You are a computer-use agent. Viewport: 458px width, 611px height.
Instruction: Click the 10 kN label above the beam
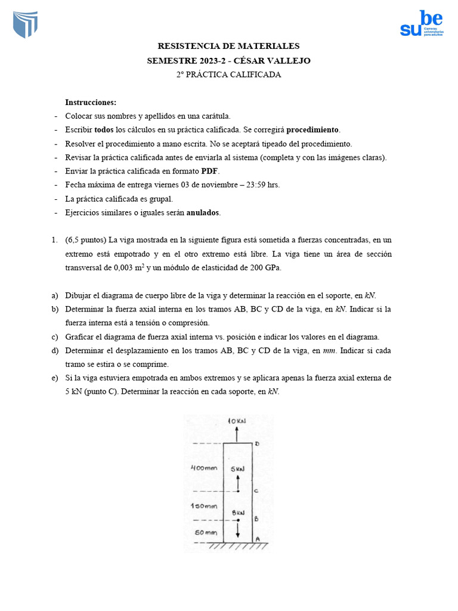click(237, 421)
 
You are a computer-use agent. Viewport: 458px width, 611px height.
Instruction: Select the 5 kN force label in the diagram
click(238, 469)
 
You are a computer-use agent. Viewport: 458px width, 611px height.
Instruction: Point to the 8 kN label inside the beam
click(238, 513)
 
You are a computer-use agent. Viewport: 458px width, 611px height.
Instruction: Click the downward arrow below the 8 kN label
click(238, 528)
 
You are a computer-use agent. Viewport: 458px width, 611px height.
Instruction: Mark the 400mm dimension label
click(203, 468)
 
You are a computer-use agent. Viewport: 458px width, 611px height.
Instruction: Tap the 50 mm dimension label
click(205, 532)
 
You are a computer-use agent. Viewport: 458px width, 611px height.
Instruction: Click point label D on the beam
click(257, 444)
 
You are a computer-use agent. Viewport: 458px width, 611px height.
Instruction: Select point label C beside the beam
click(256, 491)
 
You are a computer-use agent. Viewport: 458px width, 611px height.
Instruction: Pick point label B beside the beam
click(256, 519)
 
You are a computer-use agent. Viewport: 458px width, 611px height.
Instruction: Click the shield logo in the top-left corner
click(25, 24)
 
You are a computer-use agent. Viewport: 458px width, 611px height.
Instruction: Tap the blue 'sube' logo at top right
click(421, 24)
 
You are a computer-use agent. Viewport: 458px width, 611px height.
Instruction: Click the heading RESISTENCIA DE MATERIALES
click(228, 46)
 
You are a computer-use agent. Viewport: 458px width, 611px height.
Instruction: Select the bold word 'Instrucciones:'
click(91, 102)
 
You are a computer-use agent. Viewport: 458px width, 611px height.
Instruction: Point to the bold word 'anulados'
click(203, 212)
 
